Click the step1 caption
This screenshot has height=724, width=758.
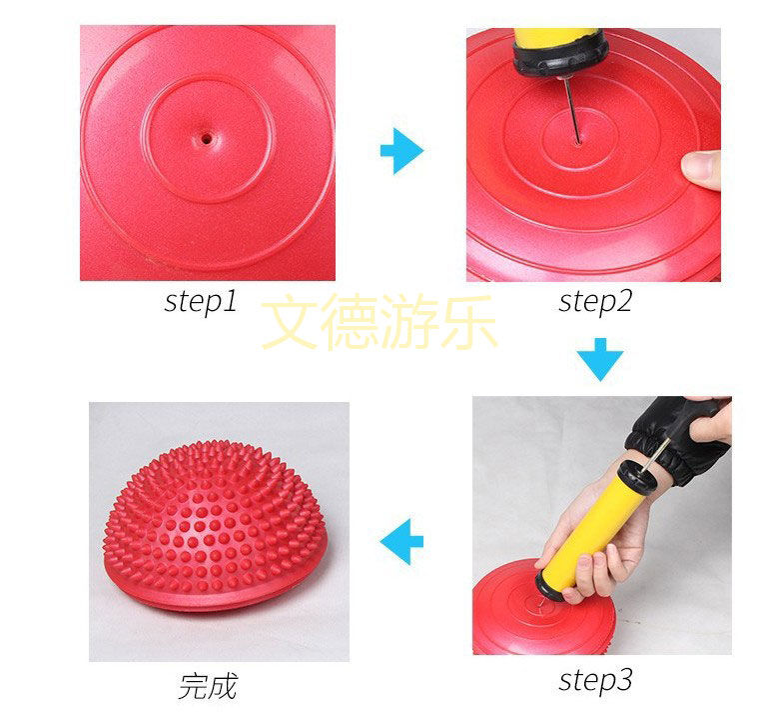click(201, 302)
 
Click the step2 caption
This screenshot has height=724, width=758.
click(595, 302)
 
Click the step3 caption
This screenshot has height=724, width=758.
click(595, 681)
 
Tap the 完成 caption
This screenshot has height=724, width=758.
click(208, 686)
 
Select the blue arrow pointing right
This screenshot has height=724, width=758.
click(401, 151)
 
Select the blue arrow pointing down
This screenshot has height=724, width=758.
click(600, 359)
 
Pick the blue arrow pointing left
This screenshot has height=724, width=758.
click(401, 542)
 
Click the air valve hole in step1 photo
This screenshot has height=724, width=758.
click(207, 139)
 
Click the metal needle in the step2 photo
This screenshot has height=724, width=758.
click(572, 111)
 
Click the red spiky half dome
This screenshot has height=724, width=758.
click(215, 525)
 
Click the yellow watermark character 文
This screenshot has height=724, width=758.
click(289, 322)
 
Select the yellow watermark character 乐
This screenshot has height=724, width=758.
click(468, 322)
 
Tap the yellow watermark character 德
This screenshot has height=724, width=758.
click(350, 322)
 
